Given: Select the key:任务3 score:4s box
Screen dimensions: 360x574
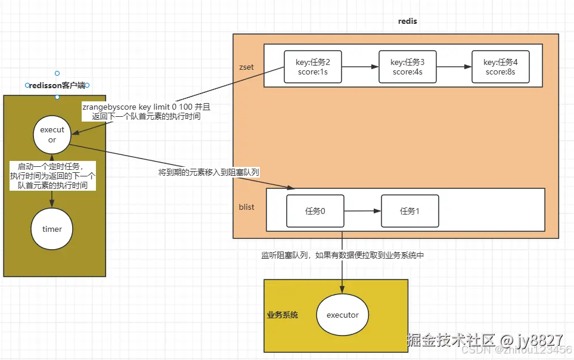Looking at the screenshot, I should pos(407,67).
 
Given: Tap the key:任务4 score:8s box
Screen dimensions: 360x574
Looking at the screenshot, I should pos(500,67).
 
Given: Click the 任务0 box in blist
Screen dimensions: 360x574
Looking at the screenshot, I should pos(315,210).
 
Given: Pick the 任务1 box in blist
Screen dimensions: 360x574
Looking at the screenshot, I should pos(409,210).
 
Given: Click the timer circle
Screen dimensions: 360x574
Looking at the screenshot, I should pos(52,229).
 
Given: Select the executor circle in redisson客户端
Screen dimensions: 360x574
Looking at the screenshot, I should pos(52,135).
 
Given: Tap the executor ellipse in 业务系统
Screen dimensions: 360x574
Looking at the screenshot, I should pos(342,314).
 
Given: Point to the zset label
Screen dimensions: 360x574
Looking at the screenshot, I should pos(246,67).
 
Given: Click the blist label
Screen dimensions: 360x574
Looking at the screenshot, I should pos(246,207).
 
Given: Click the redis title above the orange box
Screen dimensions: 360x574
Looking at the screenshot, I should pos(407,21).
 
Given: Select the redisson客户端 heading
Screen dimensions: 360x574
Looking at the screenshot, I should pos(57,86).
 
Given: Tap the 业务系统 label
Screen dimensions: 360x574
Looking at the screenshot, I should pos(282,314).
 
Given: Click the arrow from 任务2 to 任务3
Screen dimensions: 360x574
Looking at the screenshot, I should pos(360,67).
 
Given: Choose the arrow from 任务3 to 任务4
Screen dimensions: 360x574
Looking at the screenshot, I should pos(454,67).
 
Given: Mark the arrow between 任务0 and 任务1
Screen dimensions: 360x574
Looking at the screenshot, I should pos(362,210).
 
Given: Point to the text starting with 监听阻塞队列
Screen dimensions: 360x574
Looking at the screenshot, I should pos(342,255).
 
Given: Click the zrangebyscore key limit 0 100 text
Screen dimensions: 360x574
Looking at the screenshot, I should pos(146,107).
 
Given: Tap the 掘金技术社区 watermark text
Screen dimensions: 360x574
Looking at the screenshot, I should pos(451,340).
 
